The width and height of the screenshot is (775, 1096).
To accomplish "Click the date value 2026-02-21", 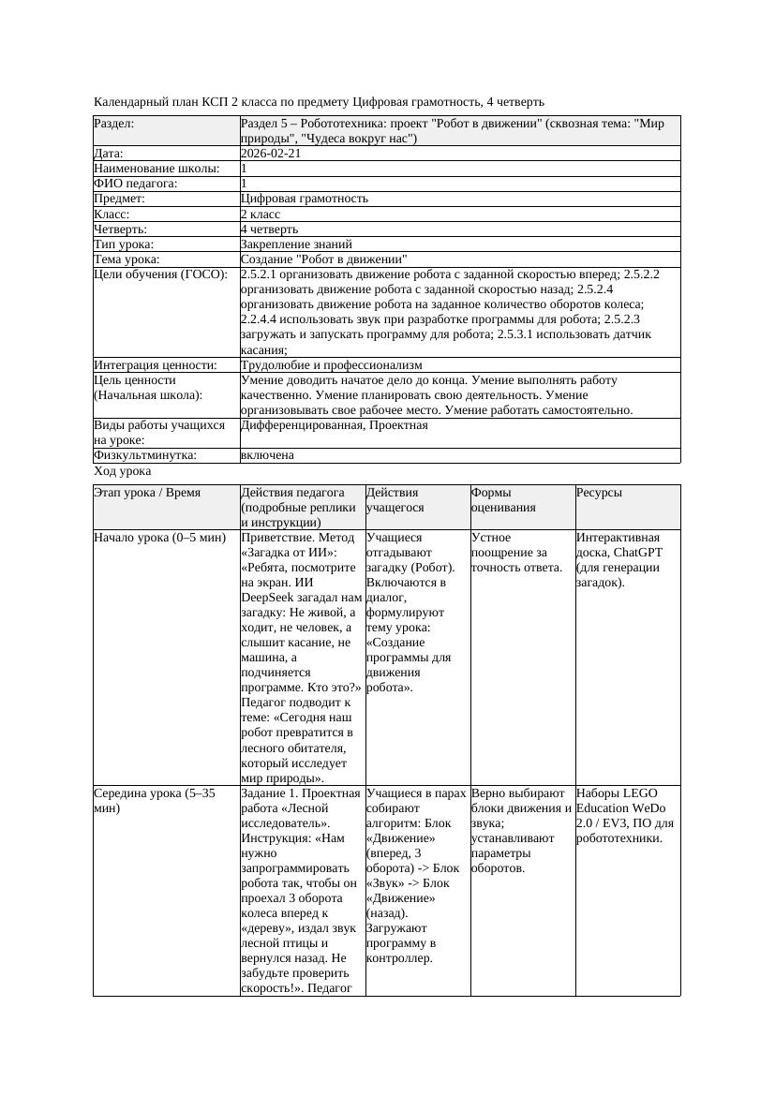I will (271, 154).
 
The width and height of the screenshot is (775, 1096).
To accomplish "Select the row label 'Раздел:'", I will (114, 124).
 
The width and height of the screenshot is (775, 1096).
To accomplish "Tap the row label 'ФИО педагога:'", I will (136, 184).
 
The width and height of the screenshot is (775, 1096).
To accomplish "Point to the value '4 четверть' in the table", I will (269, 229).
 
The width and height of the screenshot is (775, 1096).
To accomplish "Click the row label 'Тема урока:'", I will (127, 259).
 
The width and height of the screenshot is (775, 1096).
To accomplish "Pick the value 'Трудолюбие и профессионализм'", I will (331, 364).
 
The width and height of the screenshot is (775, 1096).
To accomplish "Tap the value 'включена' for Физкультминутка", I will (267, 455).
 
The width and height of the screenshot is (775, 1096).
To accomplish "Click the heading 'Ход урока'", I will (123, 471).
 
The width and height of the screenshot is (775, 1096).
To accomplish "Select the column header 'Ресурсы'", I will (599, 493).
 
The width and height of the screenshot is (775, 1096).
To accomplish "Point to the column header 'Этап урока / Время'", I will (147, 493).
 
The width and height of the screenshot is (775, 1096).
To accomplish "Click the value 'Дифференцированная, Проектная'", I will (335, 425).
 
